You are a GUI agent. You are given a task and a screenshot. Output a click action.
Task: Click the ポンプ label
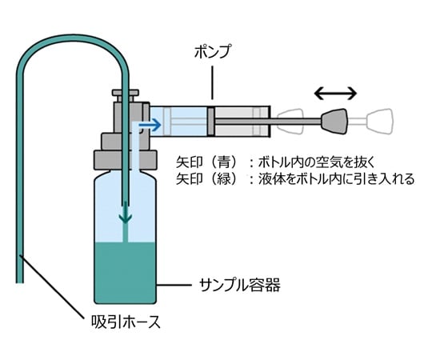click(212, 52)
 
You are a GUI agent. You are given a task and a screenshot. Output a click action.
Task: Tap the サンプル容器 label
click(239, 285)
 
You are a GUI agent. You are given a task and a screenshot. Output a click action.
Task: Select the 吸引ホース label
click(126, 322)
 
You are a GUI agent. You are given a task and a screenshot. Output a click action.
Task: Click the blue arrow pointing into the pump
click(150, 125)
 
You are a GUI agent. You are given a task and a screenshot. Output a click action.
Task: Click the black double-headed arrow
click(335, 94)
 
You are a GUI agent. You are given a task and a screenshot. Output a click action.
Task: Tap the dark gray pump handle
click(334, 121)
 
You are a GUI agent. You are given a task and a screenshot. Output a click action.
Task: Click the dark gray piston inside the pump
click(211, 121)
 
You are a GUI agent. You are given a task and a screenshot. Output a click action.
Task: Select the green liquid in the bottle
click(126, 273)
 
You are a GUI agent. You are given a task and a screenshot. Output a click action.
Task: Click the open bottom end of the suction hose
click(19, 282)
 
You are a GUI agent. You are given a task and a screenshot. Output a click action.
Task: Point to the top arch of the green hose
click(73, 38)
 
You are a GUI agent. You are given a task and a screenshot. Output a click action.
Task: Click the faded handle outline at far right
click(379, 122)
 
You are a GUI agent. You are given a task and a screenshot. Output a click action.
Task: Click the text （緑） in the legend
click(223, 179)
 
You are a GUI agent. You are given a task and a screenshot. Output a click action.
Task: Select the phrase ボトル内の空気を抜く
click(317, 162)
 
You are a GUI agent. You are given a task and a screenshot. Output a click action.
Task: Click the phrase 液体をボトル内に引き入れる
click(336, 179)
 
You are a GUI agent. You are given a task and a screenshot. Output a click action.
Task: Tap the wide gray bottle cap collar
click(126, 160)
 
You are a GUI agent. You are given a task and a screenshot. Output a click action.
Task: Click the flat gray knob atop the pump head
click(126, 93)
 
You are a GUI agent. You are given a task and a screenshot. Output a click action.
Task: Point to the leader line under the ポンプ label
click(213, 82)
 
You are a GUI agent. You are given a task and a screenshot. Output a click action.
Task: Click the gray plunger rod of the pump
click(268, 121)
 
